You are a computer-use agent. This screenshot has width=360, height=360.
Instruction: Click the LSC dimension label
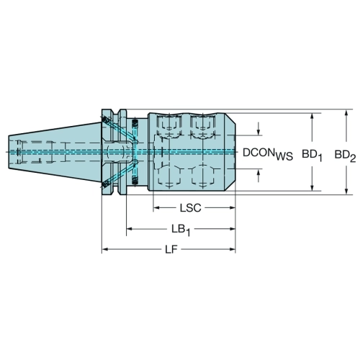pos(190,208)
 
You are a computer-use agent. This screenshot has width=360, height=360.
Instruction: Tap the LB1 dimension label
pos(181,230)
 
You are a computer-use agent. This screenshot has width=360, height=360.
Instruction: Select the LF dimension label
pos(171,250)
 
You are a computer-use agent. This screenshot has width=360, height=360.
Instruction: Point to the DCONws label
pos(268,153)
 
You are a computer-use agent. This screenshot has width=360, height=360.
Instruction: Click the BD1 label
pos(312,155)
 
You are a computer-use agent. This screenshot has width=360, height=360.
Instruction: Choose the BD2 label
pos(345,156)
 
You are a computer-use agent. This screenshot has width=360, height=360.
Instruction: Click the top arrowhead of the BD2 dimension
pos(346,113)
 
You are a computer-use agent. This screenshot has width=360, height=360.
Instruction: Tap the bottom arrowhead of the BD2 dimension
pos(346,191)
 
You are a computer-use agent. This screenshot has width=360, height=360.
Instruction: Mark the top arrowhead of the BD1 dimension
pos(312,117)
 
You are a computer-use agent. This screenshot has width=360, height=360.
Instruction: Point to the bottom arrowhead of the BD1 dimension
pos(312,188)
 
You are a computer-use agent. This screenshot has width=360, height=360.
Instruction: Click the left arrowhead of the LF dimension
pos(105,250)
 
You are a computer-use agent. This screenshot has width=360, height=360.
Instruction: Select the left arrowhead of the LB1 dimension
pos(130,229)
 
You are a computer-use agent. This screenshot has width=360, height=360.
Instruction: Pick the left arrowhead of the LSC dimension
pos(156,208)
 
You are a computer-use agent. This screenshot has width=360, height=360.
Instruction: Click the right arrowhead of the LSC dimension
pos(232,208)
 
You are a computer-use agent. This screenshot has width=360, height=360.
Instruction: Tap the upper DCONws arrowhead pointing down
pos(258,132)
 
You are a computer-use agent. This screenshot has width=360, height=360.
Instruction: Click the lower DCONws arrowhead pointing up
pos(258,172)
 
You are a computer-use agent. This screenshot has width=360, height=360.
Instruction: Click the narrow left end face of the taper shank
pos(9,152)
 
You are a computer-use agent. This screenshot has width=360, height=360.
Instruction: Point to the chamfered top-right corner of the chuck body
pos(230,119)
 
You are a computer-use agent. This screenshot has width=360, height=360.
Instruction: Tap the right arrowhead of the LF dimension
pos(232,250)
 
